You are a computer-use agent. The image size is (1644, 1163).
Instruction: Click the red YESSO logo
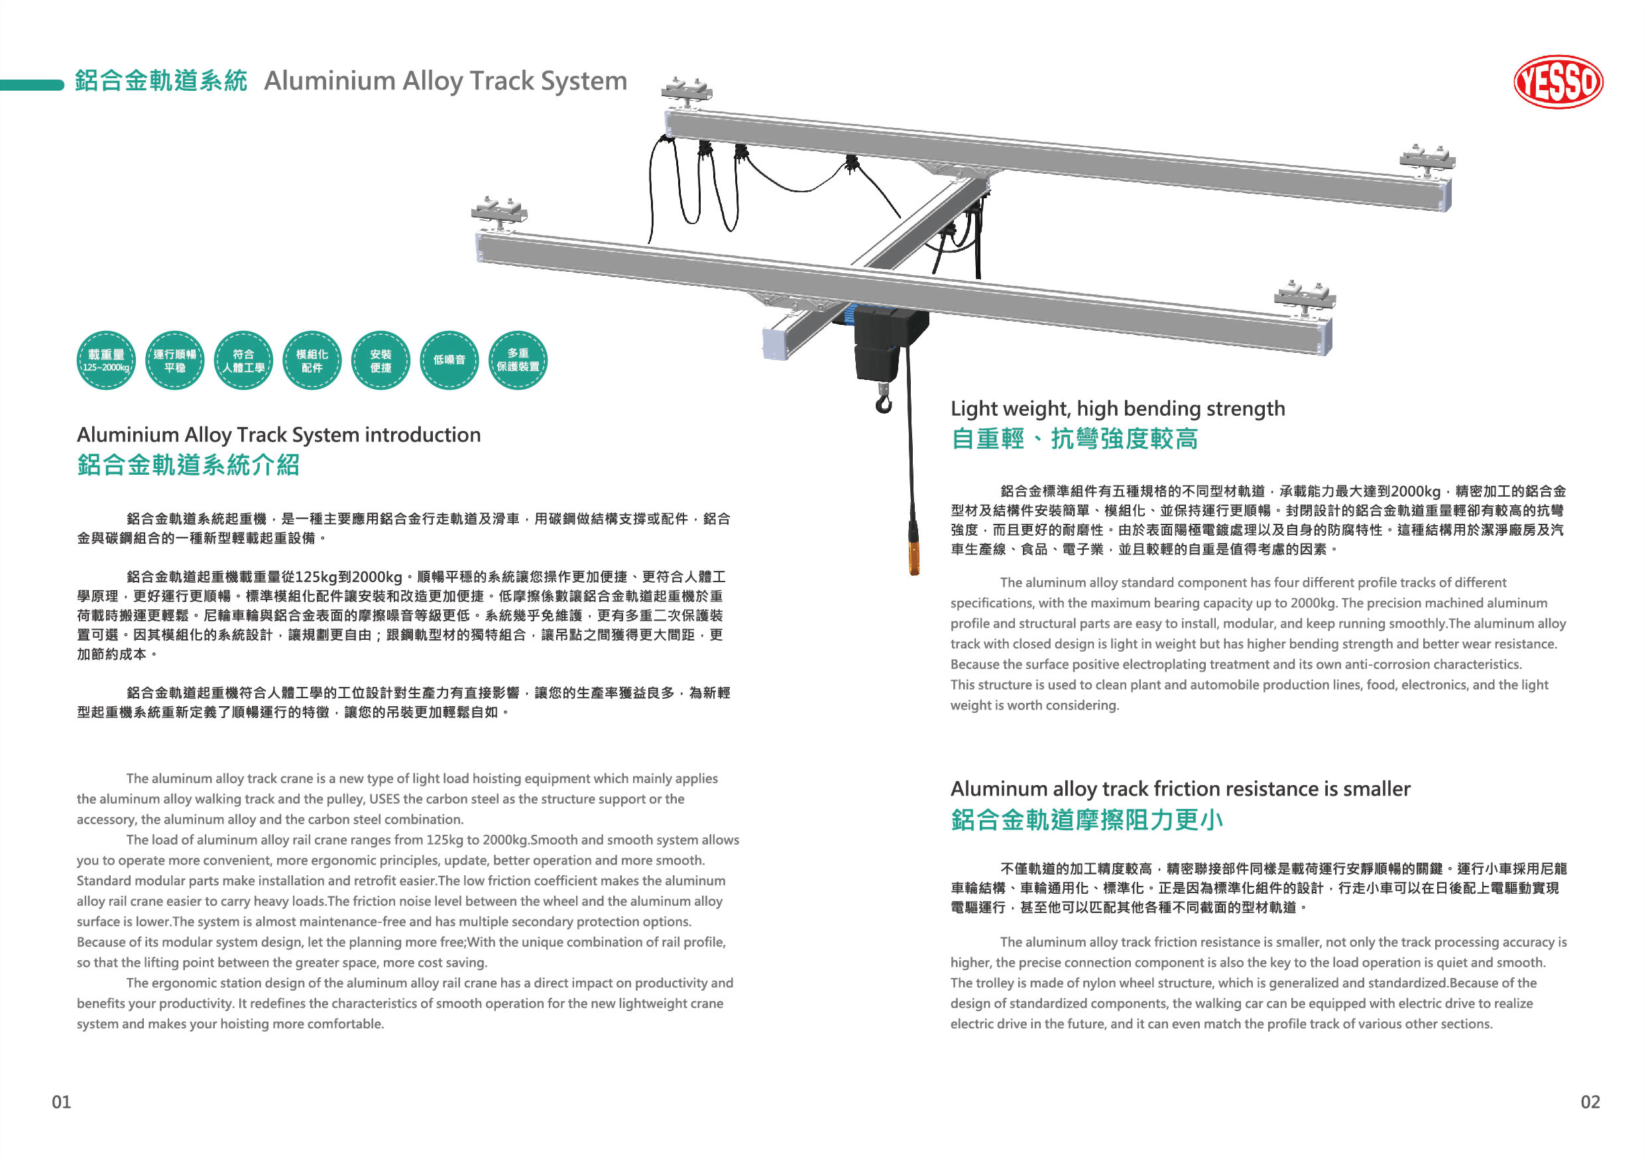pyautogui.click(x=1558, y=82)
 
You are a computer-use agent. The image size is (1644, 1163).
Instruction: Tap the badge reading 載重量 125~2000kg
pyautogui.click(x=106, y=360)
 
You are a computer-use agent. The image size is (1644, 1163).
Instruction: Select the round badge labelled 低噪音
pyautogui.click(x=449, y=360)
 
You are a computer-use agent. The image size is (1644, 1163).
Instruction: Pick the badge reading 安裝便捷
pyautogui.click(x=381, y=360)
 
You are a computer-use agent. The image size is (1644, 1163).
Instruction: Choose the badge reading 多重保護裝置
pyautogui.click(x=518, y=360)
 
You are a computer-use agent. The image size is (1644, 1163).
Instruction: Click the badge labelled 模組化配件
pyautogui.click(x=312, y=360)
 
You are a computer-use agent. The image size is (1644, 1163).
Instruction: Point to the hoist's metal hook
pyautogui.click(x=884, y=400)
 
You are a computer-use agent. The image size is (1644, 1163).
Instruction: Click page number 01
pyautogui.click(x=62, y=1101)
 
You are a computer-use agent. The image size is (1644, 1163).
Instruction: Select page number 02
pyautogui.click(x=1590, y=1101)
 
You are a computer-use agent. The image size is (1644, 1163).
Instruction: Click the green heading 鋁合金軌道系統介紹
pyautogui.click(x=188, y=465)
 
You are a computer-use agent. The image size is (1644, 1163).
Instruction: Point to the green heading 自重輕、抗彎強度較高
pyautogui.click(x=1074, y=438)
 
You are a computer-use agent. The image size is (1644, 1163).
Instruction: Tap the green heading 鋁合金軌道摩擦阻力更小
pyautogui.click(x=1087, y=820)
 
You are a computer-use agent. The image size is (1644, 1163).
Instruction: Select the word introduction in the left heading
pyautogui.click(x=422, y=435)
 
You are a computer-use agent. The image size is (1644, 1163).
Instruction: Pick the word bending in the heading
pyautogui.click(x=1155, y=409)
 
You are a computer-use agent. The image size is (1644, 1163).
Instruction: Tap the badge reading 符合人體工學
pyautogui.click(x=243, y=360)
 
